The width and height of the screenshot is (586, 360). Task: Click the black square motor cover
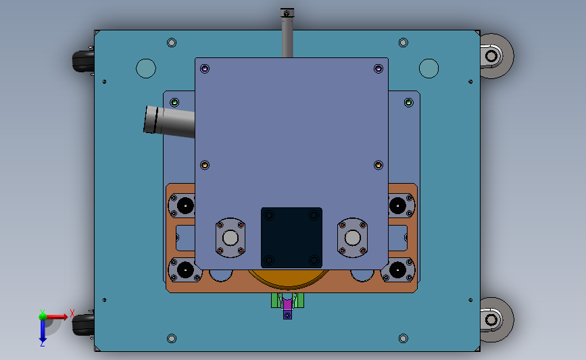pos(291,238)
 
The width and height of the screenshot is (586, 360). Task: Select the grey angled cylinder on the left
pos(169,122)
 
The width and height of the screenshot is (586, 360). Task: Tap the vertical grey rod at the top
pos(287,33)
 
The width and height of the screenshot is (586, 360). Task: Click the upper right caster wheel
pos(496,56)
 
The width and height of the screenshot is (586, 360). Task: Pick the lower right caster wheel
pos(496,319)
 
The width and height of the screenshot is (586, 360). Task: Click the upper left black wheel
pos(83,61)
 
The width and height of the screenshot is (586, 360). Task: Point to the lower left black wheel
pos(83,324)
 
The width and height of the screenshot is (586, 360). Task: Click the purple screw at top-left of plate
pos(205,69)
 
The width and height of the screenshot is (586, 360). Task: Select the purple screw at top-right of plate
pos(379,69)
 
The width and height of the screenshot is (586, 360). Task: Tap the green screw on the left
pos(174,102)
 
